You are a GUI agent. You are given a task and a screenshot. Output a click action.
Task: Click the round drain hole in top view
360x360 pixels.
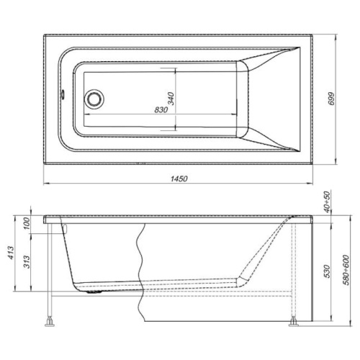(94, 99)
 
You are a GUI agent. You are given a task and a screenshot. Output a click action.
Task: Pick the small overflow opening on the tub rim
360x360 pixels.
(63, 91)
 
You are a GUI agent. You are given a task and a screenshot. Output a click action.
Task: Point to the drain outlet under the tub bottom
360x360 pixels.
(91, 292)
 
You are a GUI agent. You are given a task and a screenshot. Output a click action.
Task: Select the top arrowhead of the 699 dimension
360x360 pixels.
(340, 35)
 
